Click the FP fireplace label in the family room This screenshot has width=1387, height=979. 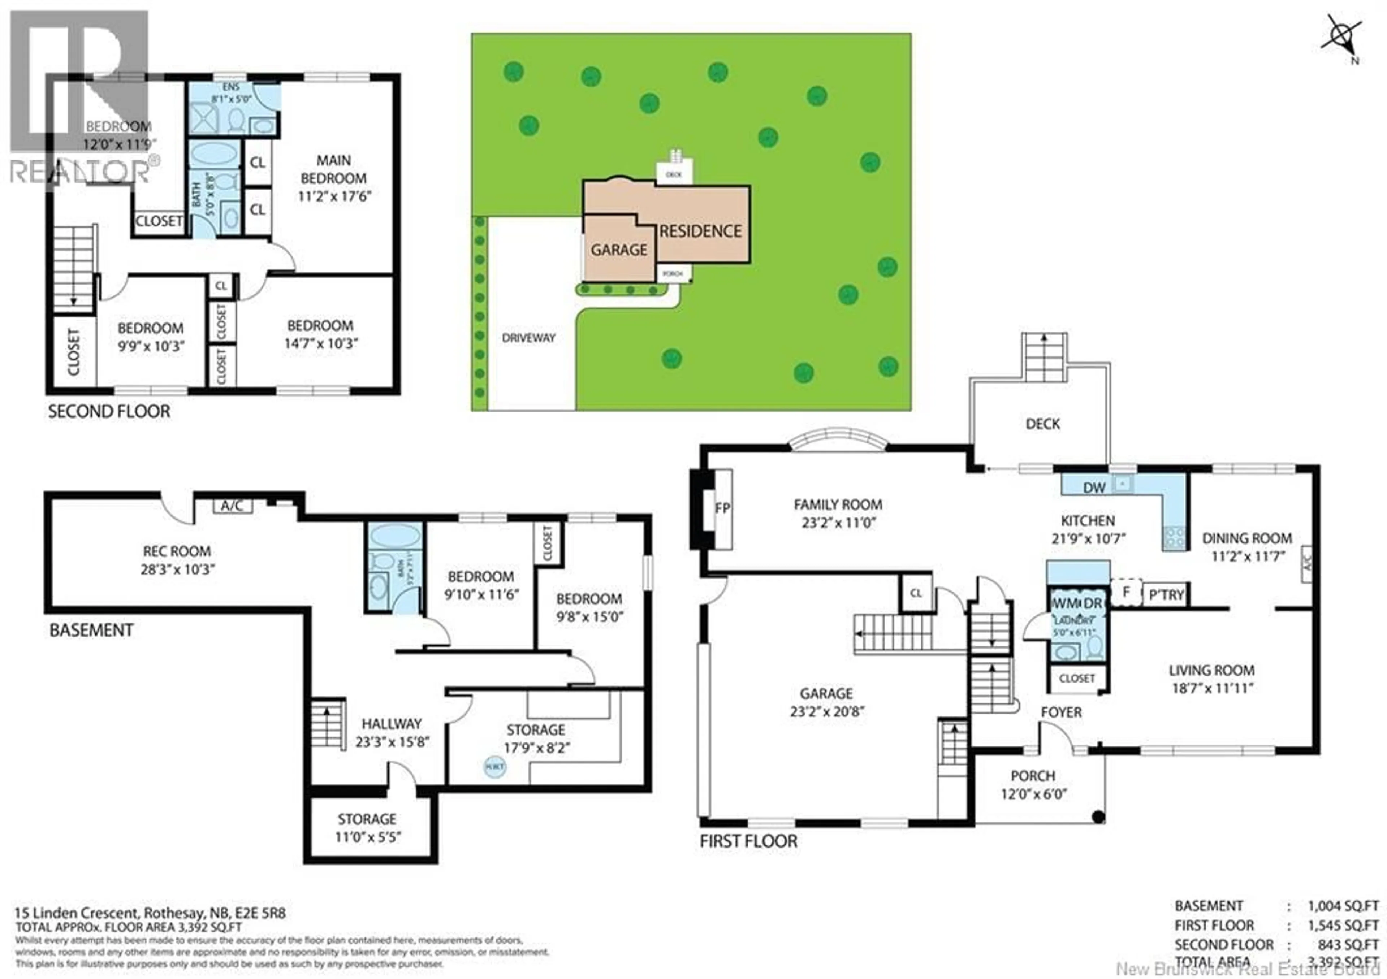[x=722, y=508]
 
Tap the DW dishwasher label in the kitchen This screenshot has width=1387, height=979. [x=1094, y=488]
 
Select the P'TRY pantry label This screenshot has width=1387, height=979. [x=1166, y=595]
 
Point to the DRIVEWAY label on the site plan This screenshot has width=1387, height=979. [x=528, y=338]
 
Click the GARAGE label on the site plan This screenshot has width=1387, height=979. [x=619, y=250]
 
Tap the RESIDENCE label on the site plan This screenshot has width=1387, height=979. [x=700, y=231]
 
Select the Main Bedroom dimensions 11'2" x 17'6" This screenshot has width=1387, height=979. [x=334, y=196]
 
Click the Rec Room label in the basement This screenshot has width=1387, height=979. [x=176, y=551]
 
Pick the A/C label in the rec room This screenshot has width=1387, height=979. [x=232, y=506]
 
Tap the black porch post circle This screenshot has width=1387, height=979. [x=1099, y=817]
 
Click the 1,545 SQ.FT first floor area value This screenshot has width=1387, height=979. [x=1344, y=925]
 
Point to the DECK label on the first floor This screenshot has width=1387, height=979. [x=1043, y=424]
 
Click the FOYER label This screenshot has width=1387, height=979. [x=1061, y=712]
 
